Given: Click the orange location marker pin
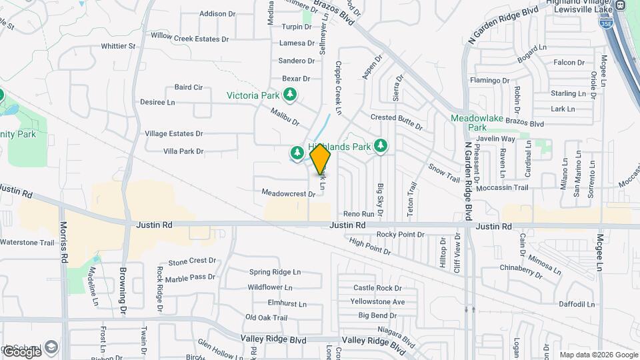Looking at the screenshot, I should pyautogui.click(x=321, y=159).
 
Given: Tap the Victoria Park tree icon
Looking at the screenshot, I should pyautogui.click(x=289, y=95).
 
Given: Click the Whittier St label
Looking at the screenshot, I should pyautogui.click(x=118, y=47).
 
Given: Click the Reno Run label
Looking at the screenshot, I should pyautogui.click(x=359, y=214).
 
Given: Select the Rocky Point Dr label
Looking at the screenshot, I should pyautogui.click(x=400, y=235).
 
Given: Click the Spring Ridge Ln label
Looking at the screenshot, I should pyautogui.click(x=275, y=272).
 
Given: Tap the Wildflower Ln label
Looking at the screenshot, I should pyautogui.click(x=270, y=288).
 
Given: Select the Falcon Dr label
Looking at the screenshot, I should pyautogui.click(x=569, y=63).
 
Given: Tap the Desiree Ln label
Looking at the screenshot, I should pyautogui.click(x=157, y=103).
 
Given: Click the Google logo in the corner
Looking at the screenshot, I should pyautogui.click(x=21, y=351).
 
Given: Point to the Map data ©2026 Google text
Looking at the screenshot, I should pyautogui.click(x=598, y=355).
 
